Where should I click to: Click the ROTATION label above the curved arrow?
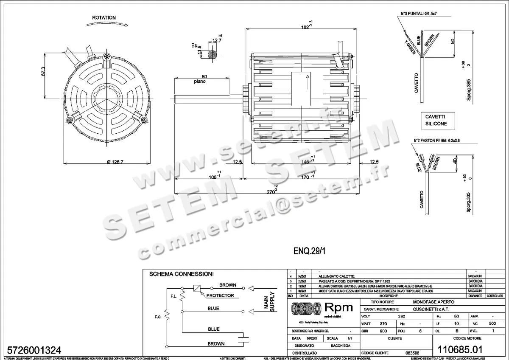tap(103, 18)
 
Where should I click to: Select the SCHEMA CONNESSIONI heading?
tap(181, 274)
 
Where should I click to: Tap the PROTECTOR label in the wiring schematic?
tap(221, 295)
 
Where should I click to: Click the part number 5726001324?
tap(32, 350)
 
